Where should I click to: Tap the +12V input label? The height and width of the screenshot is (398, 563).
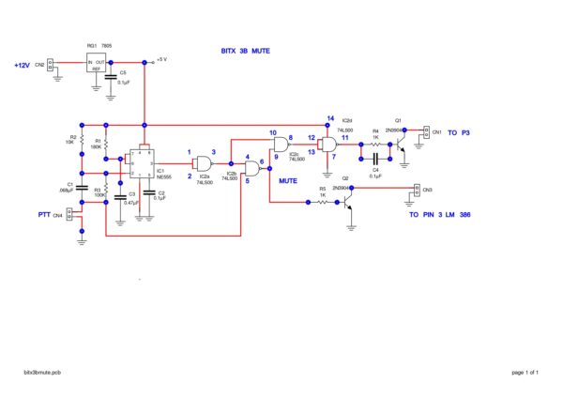click(x=23, y=65)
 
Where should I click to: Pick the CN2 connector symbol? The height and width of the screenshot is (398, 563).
click(x=53, y=65)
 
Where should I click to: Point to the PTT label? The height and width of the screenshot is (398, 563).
click(x=44, y=215)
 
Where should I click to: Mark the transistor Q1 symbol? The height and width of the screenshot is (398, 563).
click(x=401, y=136)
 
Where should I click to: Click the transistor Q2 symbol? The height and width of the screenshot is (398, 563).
click(x=349, y=202)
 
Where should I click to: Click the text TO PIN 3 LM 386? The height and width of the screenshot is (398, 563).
click(x=439, y=215)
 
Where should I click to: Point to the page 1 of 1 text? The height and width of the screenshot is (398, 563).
click(x=525, y=374)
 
